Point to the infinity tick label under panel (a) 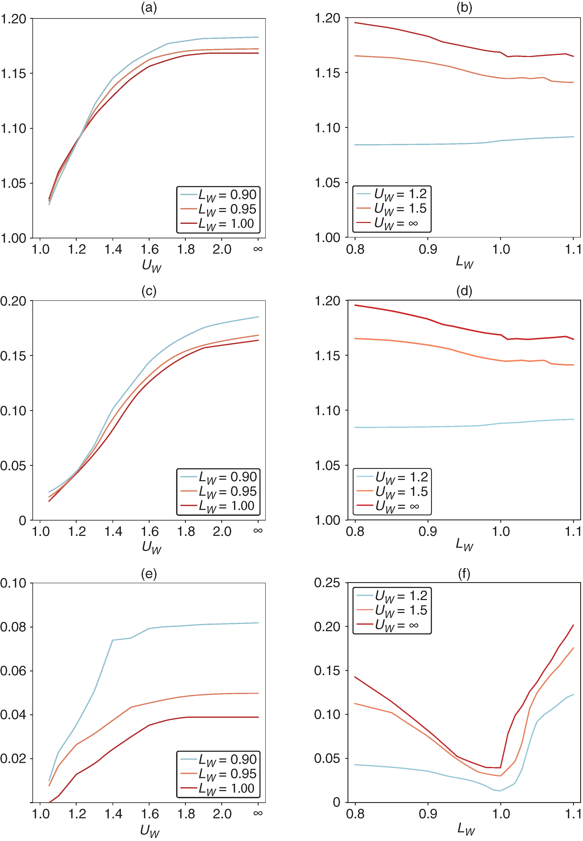pos(258,249)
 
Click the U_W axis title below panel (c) pos(151,547)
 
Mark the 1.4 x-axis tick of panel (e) pos(113,814)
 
